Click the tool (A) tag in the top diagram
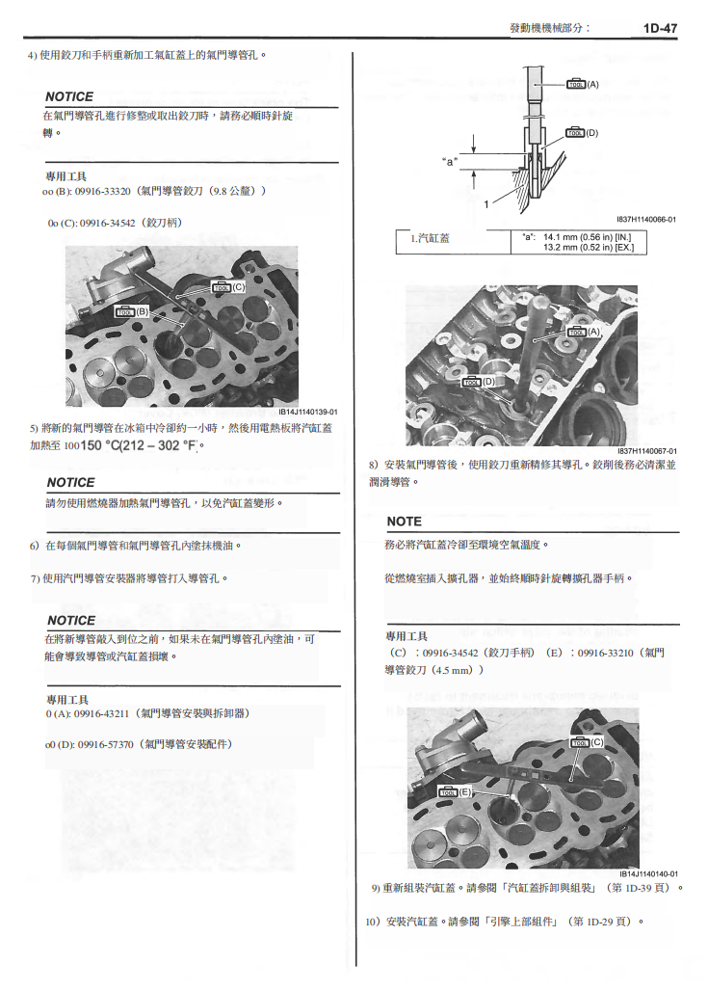[x=583, y=85]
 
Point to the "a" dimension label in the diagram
[x=449, y=160]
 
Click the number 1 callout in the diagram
[x=486, y=203]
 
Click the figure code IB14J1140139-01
[x=302, y=412]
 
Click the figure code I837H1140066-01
[x=646, y=219]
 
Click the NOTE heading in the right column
[x=404, y=522]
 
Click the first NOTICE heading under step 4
[x=69, y=96]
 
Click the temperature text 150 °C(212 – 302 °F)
[x=144, y=445]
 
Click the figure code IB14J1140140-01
[x=647, y=874]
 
